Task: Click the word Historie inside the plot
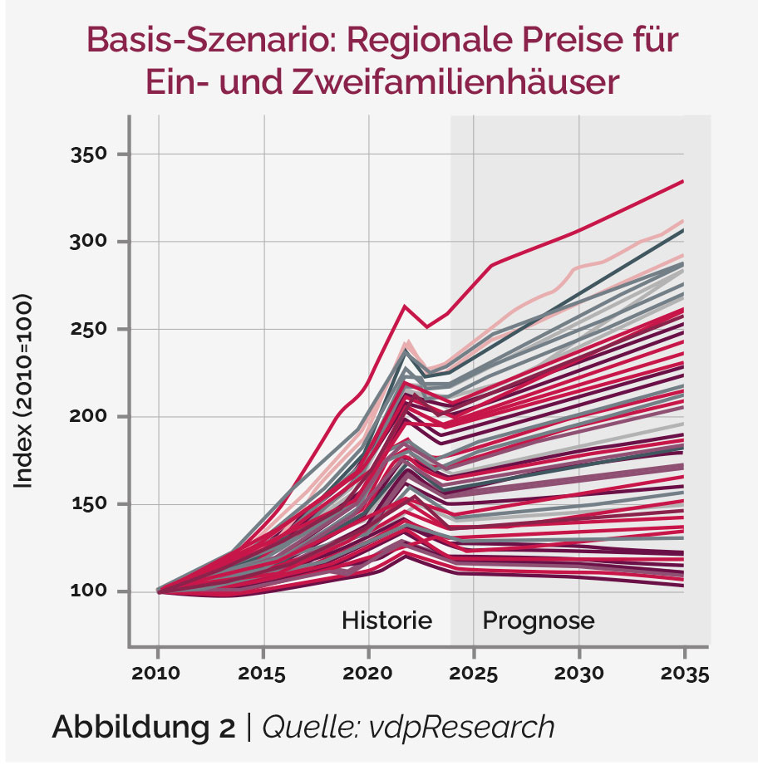tap(387, 620)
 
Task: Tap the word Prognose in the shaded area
tap(539, 620)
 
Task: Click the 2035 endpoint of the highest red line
tap(683, 181)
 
